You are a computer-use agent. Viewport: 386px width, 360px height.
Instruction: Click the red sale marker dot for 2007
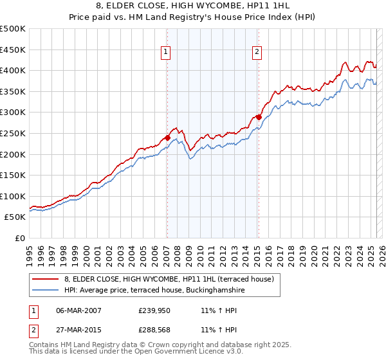167,137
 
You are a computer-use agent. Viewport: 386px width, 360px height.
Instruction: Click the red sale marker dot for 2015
259,116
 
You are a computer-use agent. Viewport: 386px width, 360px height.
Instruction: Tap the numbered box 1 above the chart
166,53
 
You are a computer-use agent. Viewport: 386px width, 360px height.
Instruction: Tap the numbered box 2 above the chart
257,53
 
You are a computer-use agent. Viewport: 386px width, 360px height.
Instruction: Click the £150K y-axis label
13,175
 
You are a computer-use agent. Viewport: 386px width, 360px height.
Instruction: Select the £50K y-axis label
15,217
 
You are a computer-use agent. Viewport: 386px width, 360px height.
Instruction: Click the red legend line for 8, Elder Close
46,279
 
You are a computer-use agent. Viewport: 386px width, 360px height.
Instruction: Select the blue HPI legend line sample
46,290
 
